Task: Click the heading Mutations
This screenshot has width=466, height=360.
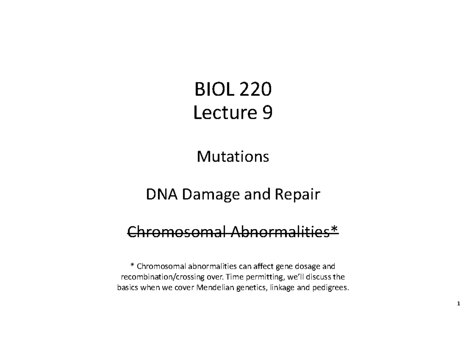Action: (233, 157)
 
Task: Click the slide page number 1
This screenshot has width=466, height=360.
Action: (459, 303)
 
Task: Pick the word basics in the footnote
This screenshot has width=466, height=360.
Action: (128, 288)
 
